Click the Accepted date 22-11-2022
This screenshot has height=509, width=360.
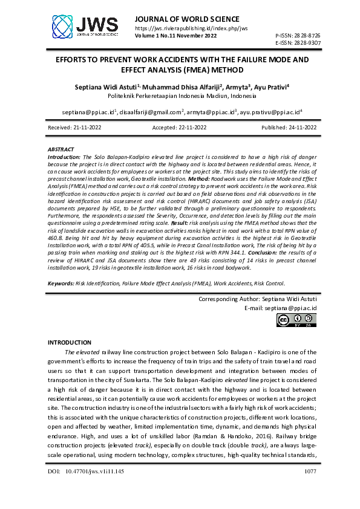click(x=180, y=128)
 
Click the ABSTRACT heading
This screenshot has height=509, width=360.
click(x=61, y=149)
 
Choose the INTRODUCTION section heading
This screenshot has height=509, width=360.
click(x=69, y=343)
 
